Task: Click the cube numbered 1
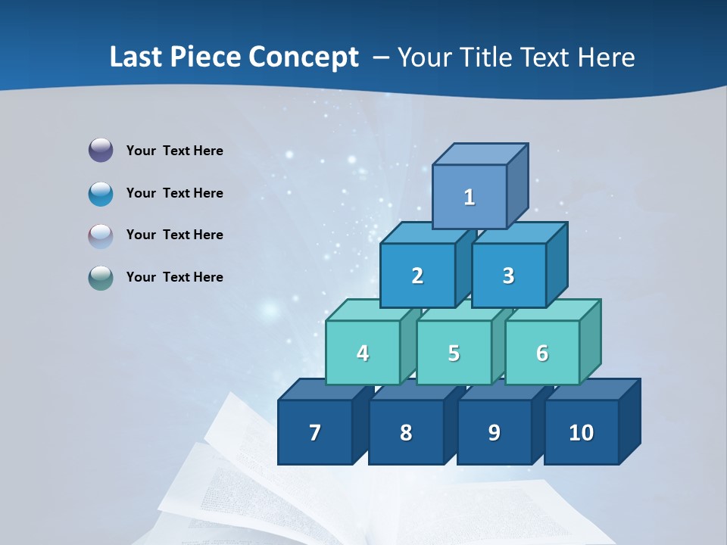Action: point(470,197)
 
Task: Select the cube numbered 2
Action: point(417,276)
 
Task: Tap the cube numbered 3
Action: point(508,276)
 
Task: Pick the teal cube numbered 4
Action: point(363,353)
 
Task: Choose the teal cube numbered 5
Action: point(454,353)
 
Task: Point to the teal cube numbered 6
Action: point(542,353)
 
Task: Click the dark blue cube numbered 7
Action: point(315,432)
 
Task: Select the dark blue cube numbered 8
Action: point(406,432)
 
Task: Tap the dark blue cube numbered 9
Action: point(494,432)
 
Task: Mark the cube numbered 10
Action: point(582,432)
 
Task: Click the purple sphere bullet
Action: point(101,151)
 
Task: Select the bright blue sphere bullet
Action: point(101,193)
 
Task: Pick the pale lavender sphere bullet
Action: point(101,235)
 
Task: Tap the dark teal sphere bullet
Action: point(101,278)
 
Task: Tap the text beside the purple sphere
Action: point(175,151)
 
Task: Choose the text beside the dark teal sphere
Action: point(175,277)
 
